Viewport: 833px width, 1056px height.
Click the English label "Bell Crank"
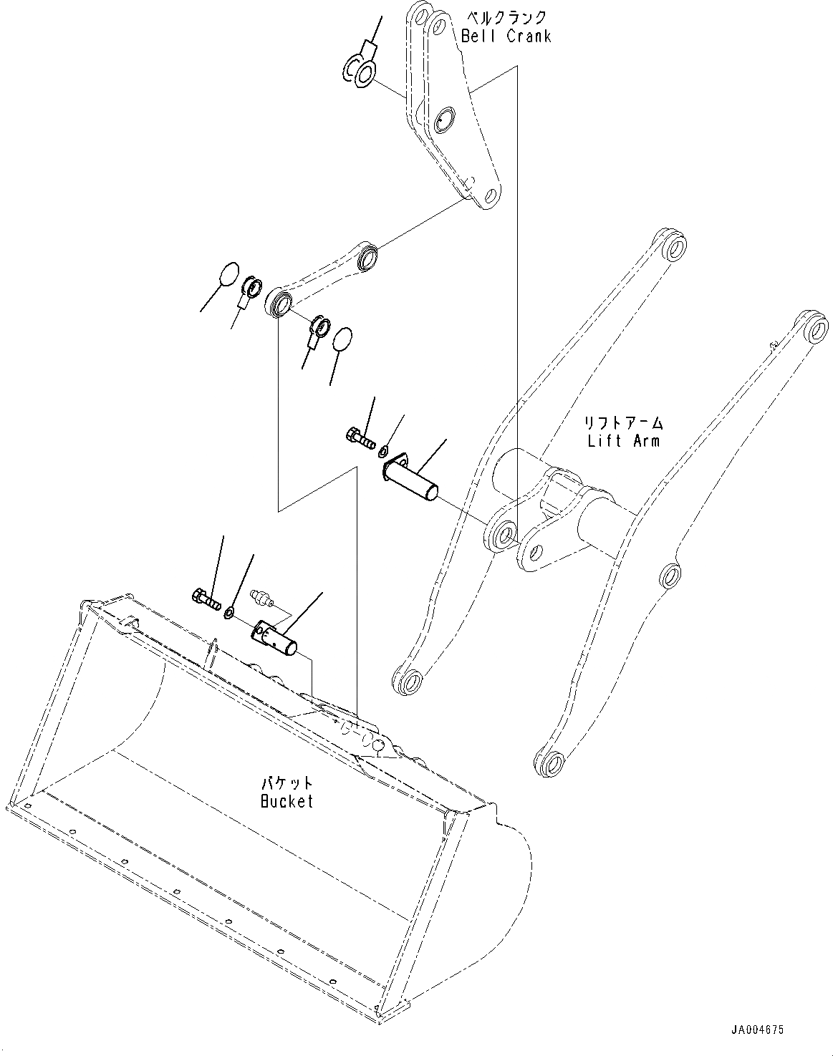coord(506,36)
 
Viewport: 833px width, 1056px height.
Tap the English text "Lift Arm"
coord(623,440)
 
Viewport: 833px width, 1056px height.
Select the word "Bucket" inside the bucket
coord(287,801)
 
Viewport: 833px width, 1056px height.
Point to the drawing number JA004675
coord(757,1030)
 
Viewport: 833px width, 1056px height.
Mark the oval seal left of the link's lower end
coord(228,274)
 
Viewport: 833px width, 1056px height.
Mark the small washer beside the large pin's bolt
coord(384,452)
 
